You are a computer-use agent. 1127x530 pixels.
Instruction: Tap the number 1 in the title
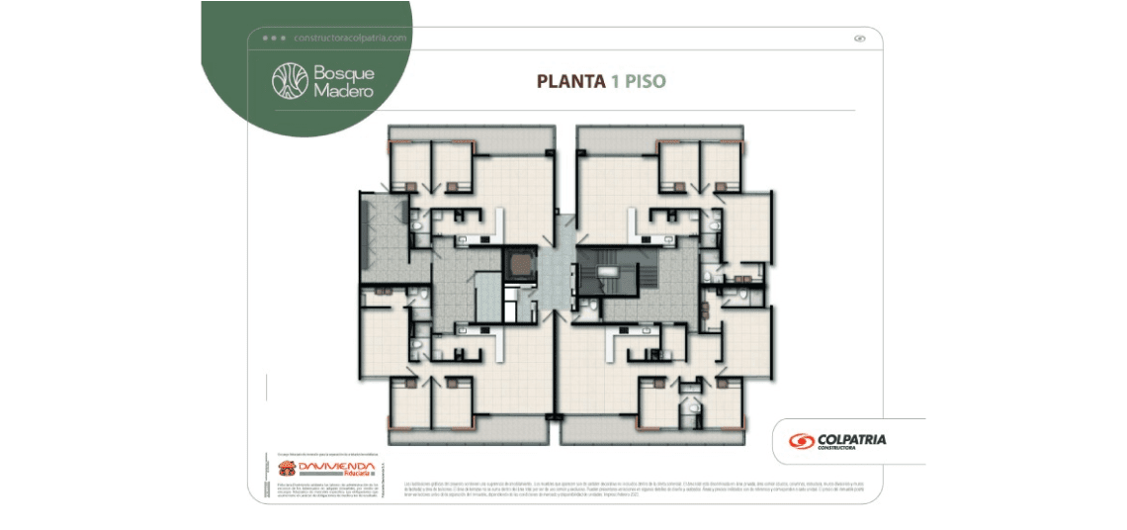(614, 81)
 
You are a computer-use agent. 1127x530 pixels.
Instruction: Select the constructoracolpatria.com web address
(350, 38)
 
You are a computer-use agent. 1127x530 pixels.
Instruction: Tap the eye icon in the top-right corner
(859, 39)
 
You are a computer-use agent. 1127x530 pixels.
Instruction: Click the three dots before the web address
(274, 38)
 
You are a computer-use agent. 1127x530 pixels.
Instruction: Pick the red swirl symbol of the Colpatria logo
(801, 441)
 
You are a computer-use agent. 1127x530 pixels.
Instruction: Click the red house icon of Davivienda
(286, 468)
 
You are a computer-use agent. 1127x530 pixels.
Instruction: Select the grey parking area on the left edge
(380, 237)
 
